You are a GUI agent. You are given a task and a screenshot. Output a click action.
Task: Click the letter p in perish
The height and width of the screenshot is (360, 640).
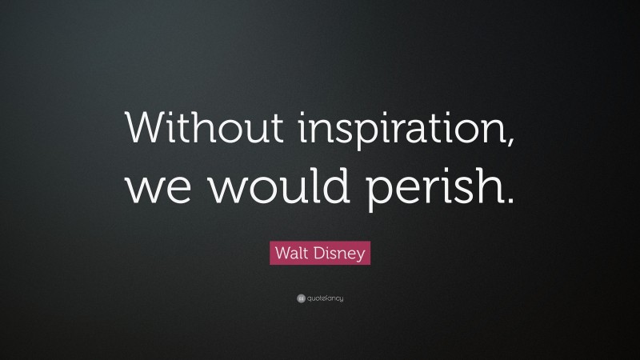pos(378,194)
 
